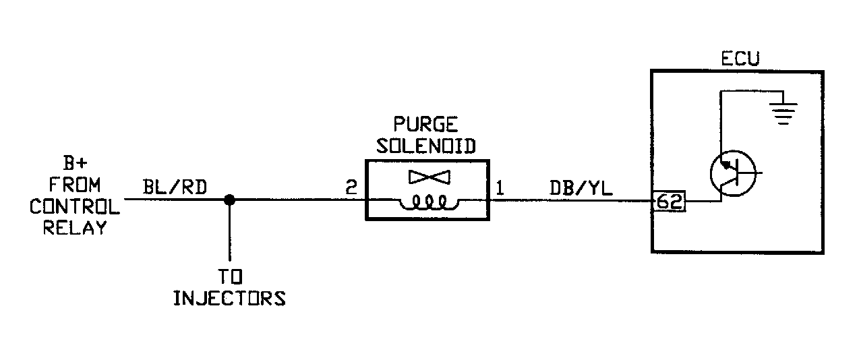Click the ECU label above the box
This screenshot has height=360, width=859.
pos(740,59)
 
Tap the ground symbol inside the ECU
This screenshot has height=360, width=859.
pos(783,113)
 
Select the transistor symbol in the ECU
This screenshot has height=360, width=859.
pos(734,173)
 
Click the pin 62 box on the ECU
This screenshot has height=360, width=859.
pos(669,202)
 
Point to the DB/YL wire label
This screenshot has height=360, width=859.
pos(581,188)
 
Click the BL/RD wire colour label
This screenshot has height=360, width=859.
pos(175,187)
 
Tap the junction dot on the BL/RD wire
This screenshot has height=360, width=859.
pos(229,200)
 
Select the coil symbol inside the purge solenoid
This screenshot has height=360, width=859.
pos(429,202)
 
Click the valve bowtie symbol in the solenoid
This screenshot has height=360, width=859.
pos(429,177)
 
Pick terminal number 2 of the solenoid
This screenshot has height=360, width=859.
pos(351,187)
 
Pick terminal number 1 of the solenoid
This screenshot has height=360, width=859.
pos(500,188)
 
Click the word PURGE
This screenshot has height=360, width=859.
pos(425,125)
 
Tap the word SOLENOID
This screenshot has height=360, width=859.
pos(426,146)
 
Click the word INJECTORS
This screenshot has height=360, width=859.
pos(229,298)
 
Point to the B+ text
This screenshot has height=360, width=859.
pos(75,163)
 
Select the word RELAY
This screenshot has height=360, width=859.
pos(75,228)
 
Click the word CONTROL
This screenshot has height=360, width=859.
pos(75,207)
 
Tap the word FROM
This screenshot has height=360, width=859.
pos(75,185)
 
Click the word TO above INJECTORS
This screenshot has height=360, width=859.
pos(230,276)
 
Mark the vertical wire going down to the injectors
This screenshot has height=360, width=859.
pos(229,230)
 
